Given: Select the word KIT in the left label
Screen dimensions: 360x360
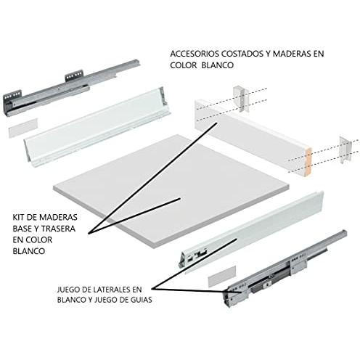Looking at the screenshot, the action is pyautogui.click(x=18, y=217).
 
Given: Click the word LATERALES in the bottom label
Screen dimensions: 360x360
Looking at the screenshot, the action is pyautogui.click(x=111, y=290).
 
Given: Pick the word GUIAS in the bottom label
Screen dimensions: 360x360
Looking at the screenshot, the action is pyautogui.click(x=141, y=300).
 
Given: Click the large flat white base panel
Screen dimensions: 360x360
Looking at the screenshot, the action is pyautogui.click(x=171, y=191).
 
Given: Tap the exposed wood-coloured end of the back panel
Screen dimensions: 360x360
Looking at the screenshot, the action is pyautogui.click(x=308, y=162).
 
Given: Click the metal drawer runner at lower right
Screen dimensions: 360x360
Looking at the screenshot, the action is pyautogui.click(x=285, y=269).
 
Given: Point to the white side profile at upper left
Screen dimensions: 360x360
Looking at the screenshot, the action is pyautogui.click(x=97, y=127).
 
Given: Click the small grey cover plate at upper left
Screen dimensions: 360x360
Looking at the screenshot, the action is pyautogui.click(x=23, y=128).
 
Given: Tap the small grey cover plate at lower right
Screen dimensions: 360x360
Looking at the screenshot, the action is pyautogui.click(x=222, y=276).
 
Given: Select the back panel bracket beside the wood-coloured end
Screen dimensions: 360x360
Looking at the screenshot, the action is pyautogui.click(x=345, y=150).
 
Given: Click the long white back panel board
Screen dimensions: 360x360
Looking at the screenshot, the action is pyautogui.click(x=253, y=138).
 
